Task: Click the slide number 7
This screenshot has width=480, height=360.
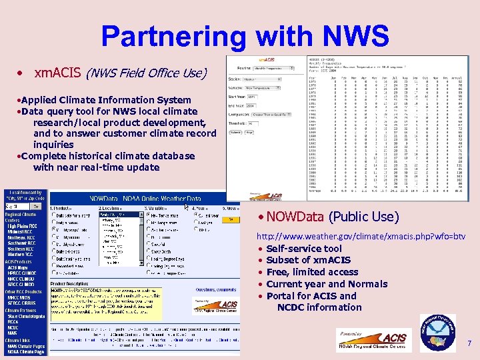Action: click(x=469, y=343)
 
